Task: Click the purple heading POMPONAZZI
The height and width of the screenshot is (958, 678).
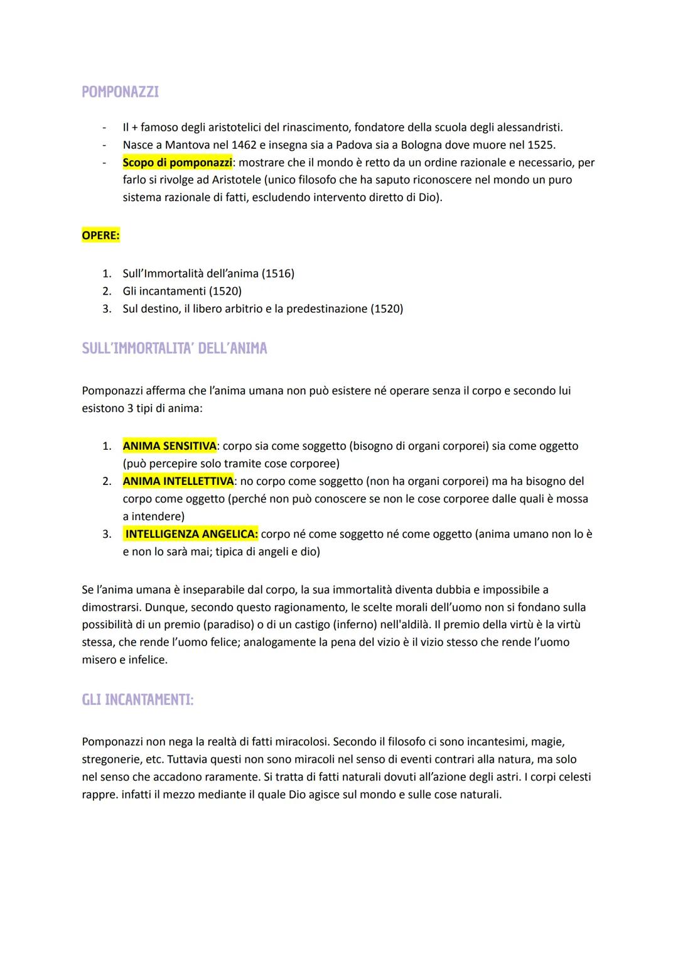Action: [x=120, y=92]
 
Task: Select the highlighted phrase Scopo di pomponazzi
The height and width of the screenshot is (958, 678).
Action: [x=177, y=163]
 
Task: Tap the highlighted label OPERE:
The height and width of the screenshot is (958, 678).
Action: [x=100, y=236]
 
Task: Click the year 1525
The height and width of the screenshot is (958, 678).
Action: [x=539, y=145]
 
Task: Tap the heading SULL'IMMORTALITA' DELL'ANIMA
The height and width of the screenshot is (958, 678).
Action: [x=174, y=349]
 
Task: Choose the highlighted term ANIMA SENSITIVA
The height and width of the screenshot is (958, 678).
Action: [x=169, y=446]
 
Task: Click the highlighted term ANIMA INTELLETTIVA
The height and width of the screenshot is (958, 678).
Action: [x=178, y=481]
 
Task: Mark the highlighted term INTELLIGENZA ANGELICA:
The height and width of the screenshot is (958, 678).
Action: [x=191, y=535]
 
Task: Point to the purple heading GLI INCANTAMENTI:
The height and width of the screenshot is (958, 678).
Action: [x=137, y=700]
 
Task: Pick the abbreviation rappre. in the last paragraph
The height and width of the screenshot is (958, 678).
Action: [x=100, y=795]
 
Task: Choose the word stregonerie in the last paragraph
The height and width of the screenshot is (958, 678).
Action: [x=110, y=759]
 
